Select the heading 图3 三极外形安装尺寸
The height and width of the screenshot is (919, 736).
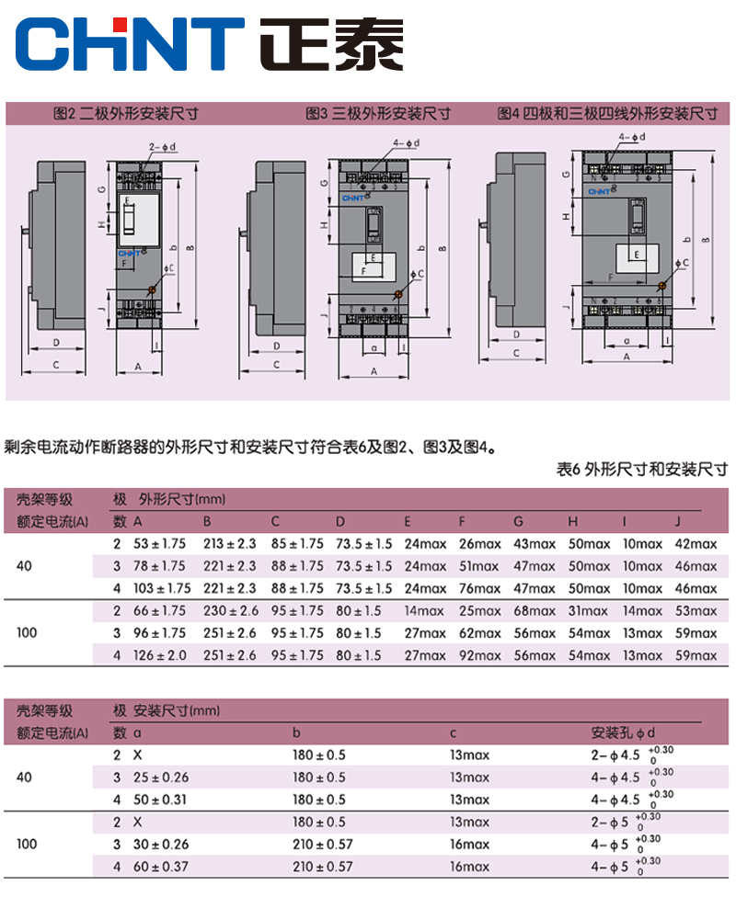click(378, 114)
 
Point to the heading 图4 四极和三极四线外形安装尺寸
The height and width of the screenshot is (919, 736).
click(607, 114)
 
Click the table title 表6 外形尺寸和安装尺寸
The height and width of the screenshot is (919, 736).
click(642, 470)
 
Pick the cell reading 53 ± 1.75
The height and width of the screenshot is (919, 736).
click(160, 544)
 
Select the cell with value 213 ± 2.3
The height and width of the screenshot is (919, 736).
click(229, 544)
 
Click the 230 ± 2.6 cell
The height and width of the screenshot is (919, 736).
click(229, 611)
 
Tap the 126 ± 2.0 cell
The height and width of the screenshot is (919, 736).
click(162, 655)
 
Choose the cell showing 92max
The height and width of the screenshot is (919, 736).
click(478, 655)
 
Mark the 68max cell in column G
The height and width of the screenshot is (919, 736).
click(535, 611)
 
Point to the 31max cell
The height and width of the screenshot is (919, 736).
click(589, 611)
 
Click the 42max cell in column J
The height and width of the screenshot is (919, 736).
click(696, 544)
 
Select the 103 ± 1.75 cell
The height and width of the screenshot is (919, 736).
click(162, 588)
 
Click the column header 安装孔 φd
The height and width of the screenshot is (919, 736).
click(624, 732)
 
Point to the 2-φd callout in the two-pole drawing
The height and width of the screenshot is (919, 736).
click(162, 146)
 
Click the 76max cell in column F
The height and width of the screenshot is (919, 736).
click(478, 588)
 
